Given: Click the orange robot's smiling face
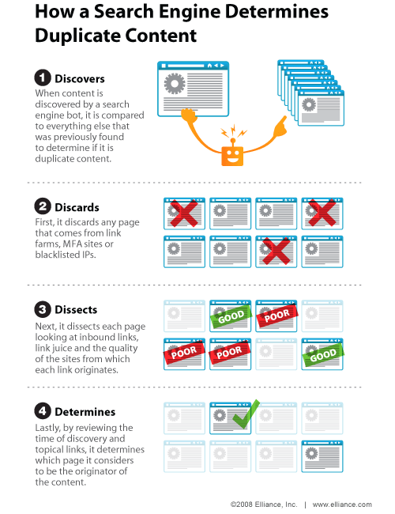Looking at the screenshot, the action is (x=232, y=156).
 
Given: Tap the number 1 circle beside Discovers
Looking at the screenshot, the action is (x=43, y=78).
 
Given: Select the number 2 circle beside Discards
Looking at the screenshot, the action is (x=43, y=206).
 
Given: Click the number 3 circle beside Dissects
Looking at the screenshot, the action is (x=43, y=309).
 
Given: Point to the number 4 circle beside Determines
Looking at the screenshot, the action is (x=43, y=411).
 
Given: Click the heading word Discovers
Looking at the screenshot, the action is (x=80, y=78).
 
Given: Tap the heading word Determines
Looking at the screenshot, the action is (x=85, y=412).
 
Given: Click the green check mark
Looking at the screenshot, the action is (x=246, y=414).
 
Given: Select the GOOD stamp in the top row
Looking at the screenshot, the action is (x=231, y=316).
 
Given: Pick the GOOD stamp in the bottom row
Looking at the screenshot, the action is (x=323, y=355).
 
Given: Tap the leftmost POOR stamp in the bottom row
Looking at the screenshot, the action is (x=184, y=353).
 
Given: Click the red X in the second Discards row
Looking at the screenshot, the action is (x=276, y=251).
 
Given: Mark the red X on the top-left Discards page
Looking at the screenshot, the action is (x=184, y=213).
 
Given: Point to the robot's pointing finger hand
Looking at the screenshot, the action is (x=280, y=127).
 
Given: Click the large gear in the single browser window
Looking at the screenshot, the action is (x=175, y=83).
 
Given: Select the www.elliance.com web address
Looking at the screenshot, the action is (x=342, y=505).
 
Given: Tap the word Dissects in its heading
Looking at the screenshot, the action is (x=76, y=309).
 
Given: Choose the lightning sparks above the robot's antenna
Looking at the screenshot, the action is (x=233, y=131).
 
